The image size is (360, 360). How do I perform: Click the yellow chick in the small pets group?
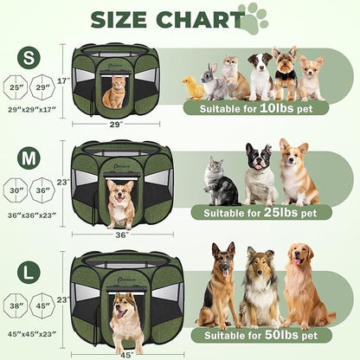click(192, 87)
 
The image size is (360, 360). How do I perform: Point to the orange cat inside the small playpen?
click(115, 93)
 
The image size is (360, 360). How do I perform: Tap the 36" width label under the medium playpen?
click(120, 234)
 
